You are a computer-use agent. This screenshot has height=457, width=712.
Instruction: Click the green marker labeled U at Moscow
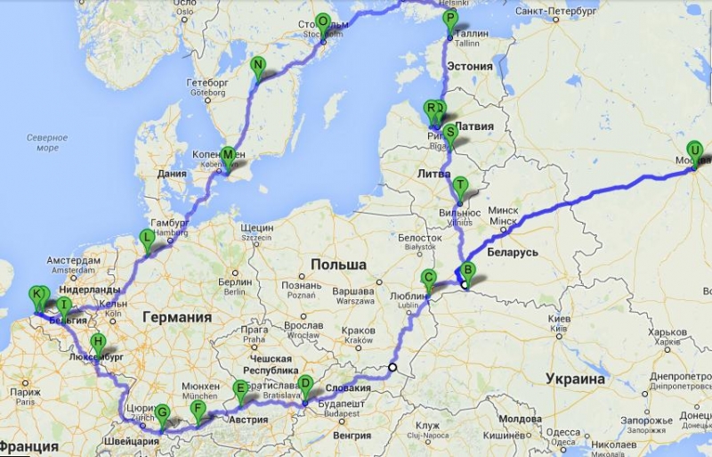click(693, 151)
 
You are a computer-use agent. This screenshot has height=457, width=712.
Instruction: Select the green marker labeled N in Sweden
click(258, 65)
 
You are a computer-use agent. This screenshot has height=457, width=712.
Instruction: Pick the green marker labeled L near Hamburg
click(147, 238)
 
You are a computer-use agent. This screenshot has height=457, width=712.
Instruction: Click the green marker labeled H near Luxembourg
click(98, 341)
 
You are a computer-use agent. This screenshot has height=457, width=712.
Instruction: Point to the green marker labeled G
click(162, 413)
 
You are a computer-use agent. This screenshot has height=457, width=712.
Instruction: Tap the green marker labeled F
click(198, 410)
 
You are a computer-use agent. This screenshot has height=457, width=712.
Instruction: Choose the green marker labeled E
click(239, 388)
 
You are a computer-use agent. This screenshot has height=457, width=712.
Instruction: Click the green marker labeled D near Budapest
click(305, 385)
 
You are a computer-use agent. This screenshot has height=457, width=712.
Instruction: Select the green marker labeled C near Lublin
click(429, 277)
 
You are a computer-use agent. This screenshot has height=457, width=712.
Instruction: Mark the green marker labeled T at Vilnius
click(459, 185)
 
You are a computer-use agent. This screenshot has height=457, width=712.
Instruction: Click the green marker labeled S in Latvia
click(450, 132)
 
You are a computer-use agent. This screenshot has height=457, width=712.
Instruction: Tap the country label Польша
click(338, 265)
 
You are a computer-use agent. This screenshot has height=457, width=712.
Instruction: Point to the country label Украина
click(575, 379)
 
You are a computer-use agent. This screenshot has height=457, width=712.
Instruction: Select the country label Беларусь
click(512, 253)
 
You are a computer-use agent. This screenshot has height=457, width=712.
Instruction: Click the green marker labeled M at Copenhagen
click(229, 156)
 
